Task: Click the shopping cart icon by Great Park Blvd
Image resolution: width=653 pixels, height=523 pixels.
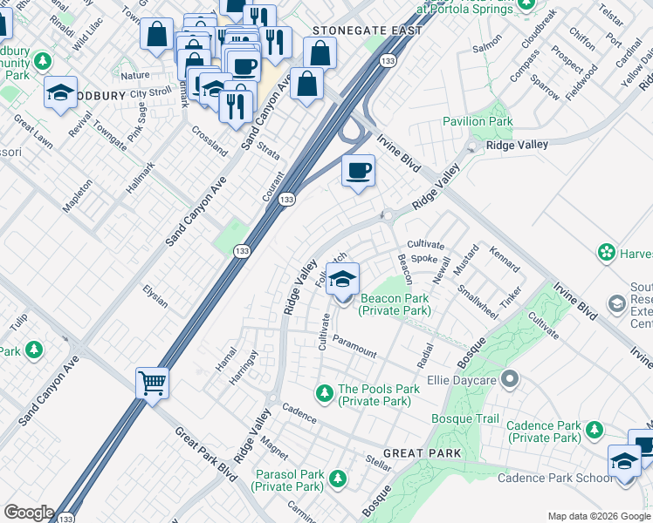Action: pyautogui.click(x=152, y=382)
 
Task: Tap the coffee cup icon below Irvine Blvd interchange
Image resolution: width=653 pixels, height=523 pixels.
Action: pyautogui.click(x=356, y=170)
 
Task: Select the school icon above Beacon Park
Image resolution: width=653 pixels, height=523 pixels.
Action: pyautogui.click(x=343, y=279)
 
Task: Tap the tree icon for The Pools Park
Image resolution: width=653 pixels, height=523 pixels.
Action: pyautogui.click(x=324, y=395)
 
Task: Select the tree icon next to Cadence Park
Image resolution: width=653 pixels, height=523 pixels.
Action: pyautogui.click(x=595, y=431)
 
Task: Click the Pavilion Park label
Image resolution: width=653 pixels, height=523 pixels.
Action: pyautogui.click(x=477, y=121)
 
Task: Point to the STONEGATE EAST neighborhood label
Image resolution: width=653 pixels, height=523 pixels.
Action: pyautogui.click(x=368, y=31)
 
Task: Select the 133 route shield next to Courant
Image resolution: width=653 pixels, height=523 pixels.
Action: pyautogui.click(x=285, y=200)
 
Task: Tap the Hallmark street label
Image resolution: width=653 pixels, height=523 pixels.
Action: pyautogui.click(x=140, y=177)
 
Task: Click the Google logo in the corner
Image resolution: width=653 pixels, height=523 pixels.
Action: pyautogui.click(x=28, y=513)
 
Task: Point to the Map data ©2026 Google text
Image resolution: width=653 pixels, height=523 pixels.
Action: pyautogui.click(x=598, y=516)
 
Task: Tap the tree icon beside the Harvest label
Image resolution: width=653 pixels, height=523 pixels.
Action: pyautogui.click(x=607, y=253)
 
